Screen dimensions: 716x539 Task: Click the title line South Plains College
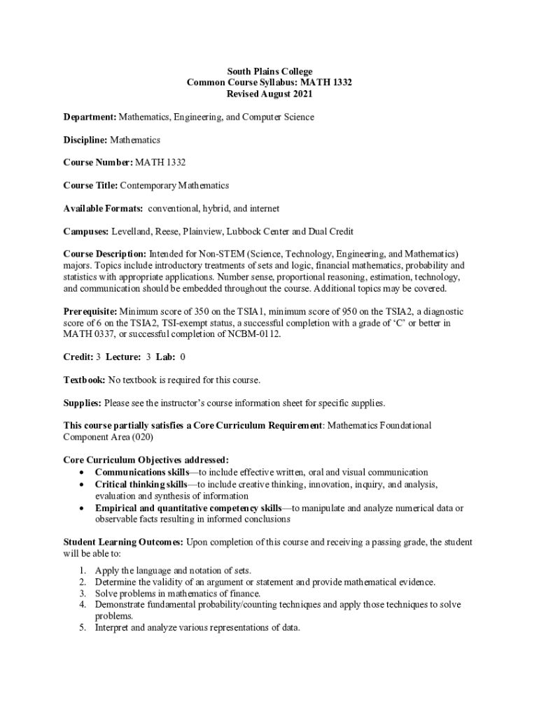click(x=269, y=71)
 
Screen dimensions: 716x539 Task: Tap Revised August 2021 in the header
click(x=269, y=93)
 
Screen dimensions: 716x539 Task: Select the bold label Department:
click(x=90, y=117)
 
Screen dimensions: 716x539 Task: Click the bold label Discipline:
click(x=85, y=140)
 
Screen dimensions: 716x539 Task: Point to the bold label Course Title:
click(x=90, y=185)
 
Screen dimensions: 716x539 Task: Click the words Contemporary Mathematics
click(x=174, y=185)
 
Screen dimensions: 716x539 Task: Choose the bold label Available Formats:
click(x=103, y=208)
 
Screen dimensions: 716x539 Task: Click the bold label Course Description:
click(x=105, y=254)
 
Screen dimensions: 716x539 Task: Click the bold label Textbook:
click(x=84, y=380)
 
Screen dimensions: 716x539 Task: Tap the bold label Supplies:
click(x=83, y=403)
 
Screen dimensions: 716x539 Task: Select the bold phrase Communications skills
click(x=141, y=473)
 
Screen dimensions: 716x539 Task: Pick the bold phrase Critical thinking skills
click(x=141, y=484)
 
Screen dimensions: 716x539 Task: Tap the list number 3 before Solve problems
click(x=82, y=593)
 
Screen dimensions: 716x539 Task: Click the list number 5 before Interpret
click(x=82, y=627)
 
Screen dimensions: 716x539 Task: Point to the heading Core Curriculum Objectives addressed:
click(x=146, y=459)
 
